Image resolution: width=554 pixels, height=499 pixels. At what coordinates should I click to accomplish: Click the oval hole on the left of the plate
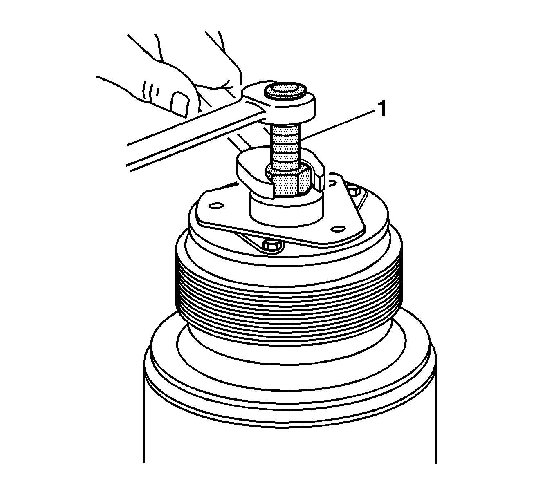point(216,206)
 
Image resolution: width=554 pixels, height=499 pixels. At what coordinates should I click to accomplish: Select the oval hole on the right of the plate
point(339,228)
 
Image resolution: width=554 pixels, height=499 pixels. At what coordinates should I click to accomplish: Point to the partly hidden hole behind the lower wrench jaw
point(332,183)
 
